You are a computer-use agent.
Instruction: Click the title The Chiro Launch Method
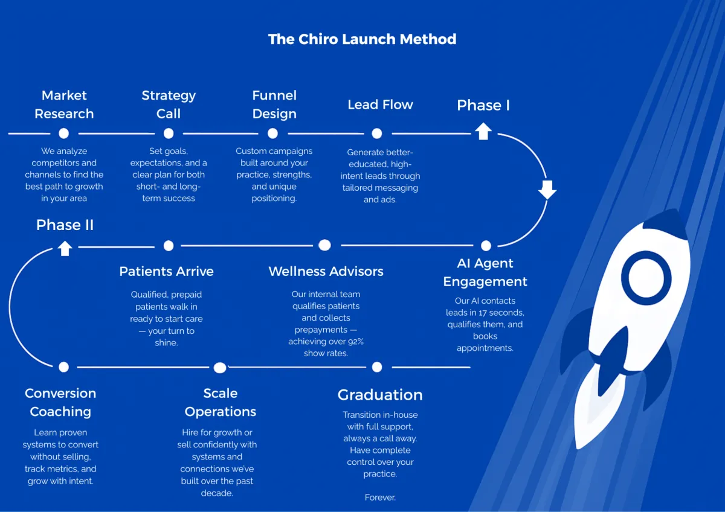pos(362,40)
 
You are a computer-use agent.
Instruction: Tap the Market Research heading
pos(64,104)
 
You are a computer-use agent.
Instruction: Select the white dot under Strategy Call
pos(169,133)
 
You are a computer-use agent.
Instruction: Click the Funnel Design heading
pos(274,104)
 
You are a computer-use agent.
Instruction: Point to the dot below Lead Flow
pos(377,133)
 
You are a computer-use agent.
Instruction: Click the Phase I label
pos(483,105)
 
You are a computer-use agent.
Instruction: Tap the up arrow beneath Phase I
pos(483,131)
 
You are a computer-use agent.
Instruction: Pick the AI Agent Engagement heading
pos(485,272)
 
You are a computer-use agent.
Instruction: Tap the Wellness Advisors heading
pos(326,271)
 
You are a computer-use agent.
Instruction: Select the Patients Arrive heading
pos(166,271)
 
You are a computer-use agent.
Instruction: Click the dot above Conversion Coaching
pos(64,367)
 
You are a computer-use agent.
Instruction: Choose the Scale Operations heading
pos(221,402)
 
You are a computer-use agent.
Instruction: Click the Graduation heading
pos(380,395)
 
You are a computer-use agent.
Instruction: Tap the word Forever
pos(380,498)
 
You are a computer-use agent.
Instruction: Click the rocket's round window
pos(646,278)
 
